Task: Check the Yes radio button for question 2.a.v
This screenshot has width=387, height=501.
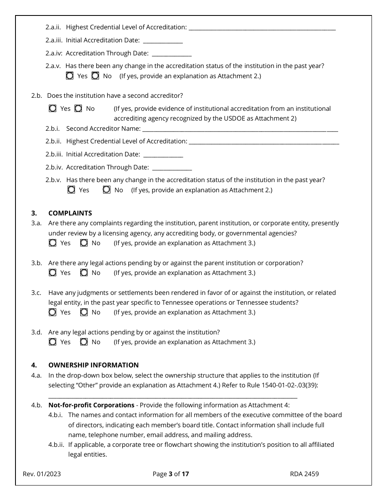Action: coord(70,76)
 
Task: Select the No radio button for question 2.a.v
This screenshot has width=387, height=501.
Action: coord(95,76)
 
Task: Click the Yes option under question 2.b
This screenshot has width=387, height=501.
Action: coord(53,108)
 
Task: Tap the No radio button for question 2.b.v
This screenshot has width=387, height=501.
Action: coord(107,190)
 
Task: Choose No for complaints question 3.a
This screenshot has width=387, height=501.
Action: coord(84,243)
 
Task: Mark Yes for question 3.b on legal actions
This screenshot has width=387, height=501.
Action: coord(53,272)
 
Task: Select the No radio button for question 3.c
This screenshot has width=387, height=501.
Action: coord(84,312)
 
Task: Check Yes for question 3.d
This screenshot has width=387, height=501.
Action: coord(53,342)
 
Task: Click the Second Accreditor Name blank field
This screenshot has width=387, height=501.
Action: coord(240,129)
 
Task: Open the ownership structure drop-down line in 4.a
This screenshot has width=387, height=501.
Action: coord(173,396)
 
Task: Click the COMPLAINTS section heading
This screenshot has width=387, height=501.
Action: coord(70,213)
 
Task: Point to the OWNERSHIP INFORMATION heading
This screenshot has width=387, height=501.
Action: coord(93,365)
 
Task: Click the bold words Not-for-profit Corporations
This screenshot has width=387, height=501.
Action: coord(91,405)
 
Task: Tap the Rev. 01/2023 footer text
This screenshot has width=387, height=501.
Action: coord(42,474)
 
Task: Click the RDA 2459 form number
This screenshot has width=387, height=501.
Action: coord(304,474)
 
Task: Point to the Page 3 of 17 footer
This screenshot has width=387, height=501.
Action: coord(171,474)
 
